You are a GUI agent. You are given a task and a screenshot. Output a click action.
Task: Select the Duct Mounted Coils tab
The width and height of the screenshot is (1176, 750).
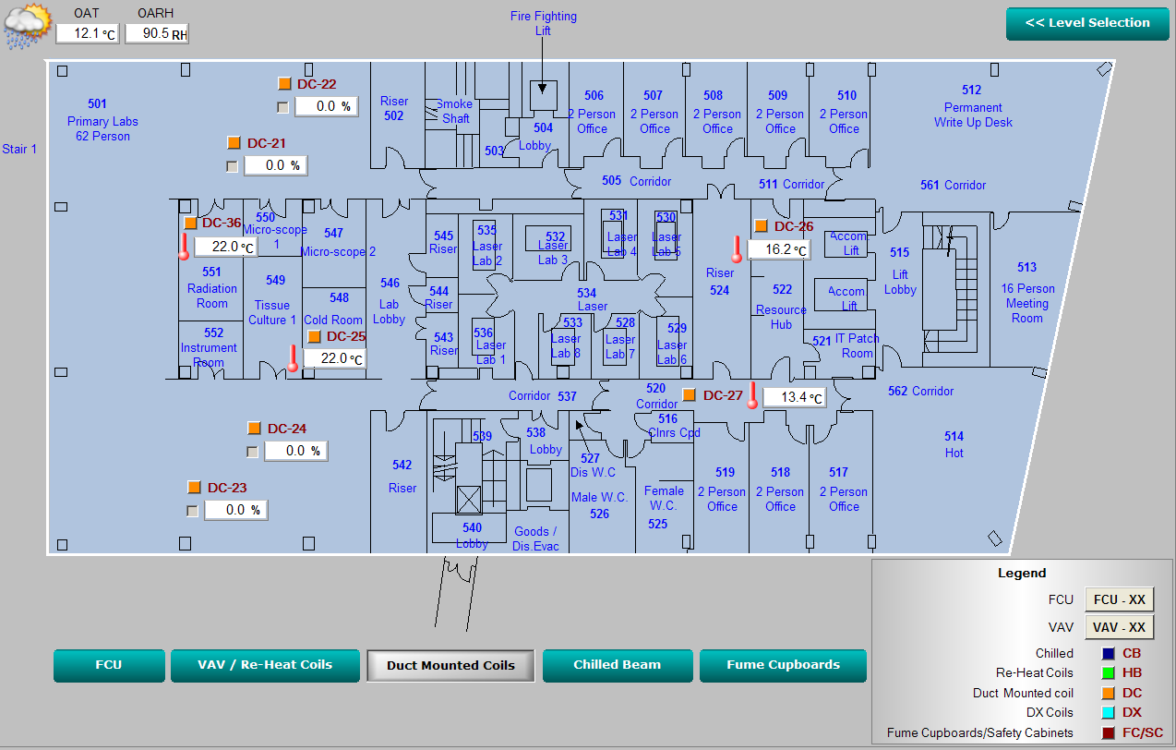450,665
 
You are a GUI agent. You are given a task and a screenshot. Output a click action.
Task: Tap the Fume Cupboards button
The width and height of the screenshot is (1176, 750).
783,665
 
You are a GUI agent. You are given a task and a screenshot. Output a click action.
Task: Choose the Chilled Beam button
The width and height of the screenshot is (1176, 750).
617,665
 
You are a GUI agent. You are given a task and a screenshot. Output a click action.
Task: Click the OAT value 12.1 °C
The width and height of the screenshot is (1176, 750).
87,34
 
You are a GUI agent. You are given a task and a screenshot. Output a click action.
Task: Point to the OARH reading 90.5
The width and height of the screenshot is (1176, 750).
156,34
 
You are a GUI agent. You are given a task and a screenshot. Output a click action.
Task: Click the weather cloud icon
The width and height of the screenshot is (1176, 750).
27,26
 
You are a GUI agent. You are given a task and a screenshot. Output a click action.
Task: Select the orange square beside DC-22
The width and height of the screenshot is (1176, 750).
284,84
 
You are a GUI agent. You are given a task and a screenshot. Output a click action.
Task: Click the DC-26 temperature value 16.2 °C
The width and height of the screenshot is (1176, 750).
778,249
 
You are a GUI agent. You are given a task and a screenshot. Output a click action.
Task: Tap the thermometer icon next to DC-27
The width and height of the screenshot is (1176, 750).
752,395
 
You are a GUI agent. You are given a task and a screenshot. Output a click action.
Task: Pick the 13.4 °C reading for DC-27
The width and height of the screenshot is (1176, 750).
794,397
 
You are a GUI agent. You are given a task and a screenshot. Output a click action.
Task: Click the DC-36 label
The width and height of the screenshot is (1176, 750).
222,223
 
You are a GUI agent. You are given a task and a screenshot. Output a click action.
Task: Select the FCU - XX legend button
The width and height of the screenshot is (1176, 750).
1119,599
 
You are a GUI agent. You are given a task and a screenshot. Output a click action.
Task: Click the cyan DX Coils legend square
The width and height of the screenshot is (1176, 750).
1107,712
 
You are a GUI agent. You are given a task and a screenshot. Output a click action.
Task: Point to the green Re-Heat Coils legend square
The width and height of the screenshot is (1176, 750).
1107,672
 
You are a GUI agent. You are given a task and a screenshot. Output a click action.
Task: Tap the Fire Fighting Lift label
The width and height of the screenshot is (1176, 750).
543,23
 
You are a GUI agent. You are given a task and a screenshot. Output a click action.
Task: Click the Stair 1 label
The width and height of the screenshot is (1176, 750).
19,149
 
